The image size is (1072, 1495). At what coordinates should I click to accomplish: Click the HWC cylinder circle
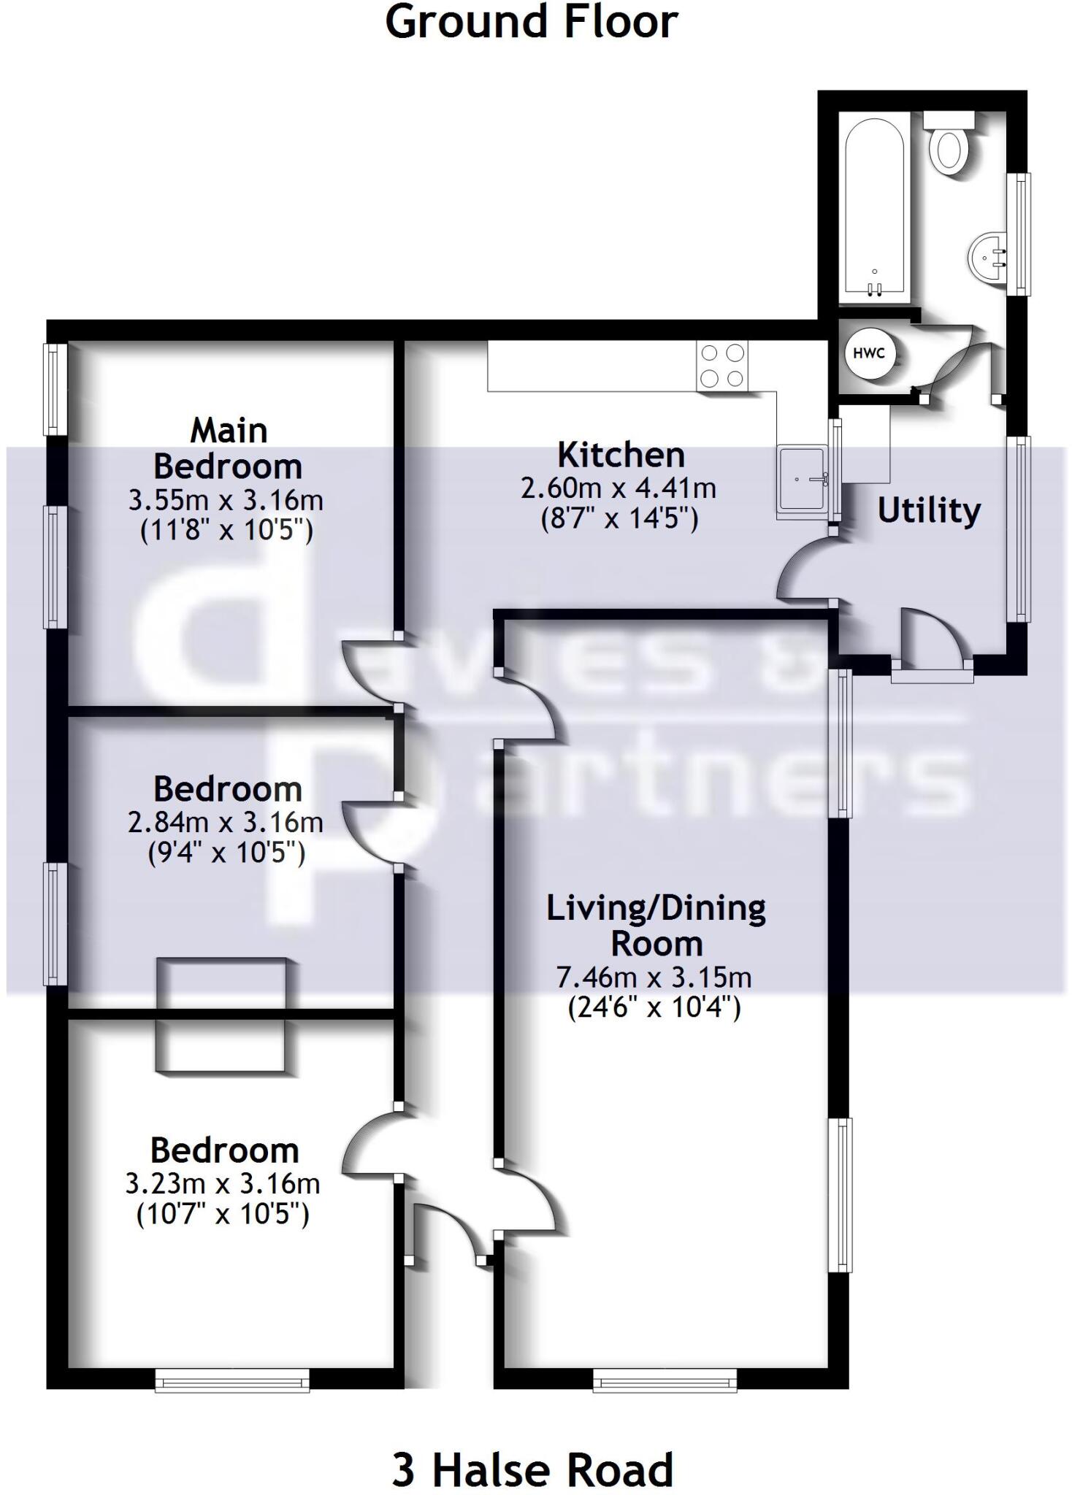pyautogui.click(x=868, y=353)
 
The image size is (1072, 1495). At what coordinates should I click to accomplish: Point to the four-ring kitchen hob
pyautogui.click(x=722, y=365)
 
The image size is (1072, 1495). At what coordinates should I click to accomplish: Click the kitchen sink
pyautogui.click(x=803, y=478)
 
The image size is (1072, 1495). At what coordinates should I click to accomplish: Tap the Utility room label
pyautogui.click(x=929, y=510)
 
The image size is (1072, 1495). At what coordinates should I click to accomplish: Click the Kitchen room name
pyautogui.click(x=621, y=455)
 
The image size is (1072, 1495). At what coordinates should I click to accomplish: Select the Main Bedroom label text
pyautogui.click(x=228, y=448)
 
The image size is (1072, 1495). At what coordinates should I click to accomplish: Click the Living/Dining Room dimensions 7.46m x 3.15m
pyautogui.click(x=654, y=977)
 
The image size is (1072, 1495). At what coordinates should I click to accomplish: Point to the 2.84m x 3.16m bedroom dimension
pyautogui.click(x=226, y=823)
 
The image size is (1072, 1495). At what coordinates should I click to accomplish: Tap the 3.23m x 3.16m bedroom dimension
pyautogui.click(x=223, y=1184)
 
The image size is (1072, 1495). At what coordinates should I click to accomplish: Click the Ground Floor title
pyautogui.click(x=532, y=22)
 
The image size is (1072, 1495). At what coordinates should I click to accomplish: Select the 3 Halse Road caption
pyautogui.click(x=532, y=1470)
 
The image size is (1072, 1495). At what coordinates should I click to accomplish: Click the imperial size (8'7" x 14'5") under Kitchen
pyautogui.click(x=619, y=518)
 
